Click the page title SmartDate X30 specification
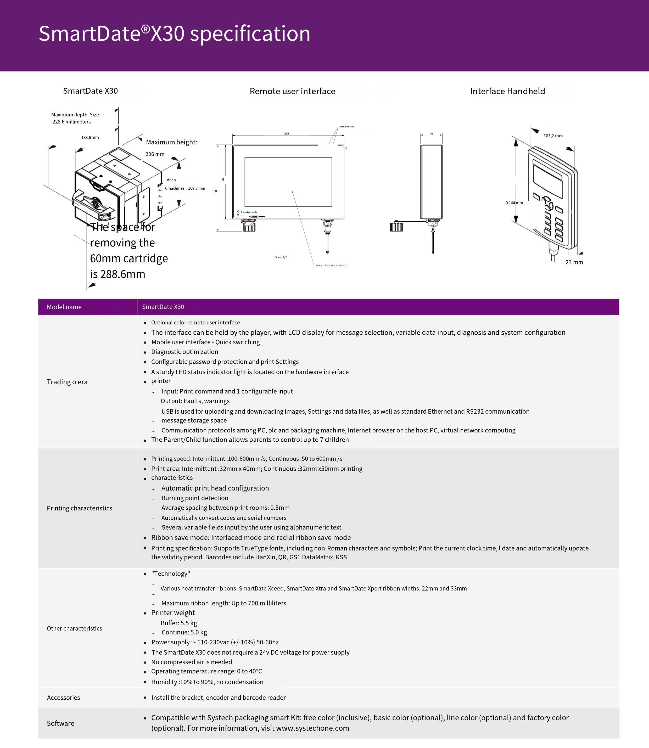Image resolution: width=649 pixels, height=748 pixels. tap(174, 34)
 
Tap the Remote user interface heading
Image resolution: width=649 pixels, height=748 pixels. tap(292, 91)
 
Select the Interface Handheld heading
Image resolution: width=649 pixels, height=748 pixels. tap(507, 91)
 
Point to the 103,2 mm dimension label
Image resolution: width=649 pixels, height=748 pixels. tap(553, 136)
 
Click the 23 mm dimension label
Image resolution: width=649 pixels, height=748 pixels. tap(574, 262)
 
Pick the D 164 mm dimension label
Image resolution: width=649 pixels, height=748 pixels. tap(514, 203)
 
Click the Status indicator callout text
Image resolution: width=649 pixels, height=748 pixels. tap(347, 127)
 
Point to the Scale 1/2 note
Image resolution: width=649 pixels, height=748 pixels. tap(281, 257)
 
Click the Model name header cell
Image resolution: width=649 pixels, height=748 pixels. tap(64, 307)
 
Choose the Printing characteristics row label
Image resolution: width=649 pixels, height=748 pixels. tap(79, 508)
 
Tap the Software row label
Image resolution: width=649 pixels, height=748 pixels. tap(60, 723)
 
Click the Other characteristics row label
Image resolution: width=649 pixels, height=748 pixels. tap(74, 628)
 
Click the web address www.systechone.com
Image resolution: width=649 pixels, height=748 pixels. tap(312, 728)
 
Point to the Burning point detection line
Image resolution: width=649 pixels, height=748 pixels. tap(195, 498)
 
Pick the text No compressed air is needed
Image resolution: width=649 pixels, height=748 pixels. tap(192, 662)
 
